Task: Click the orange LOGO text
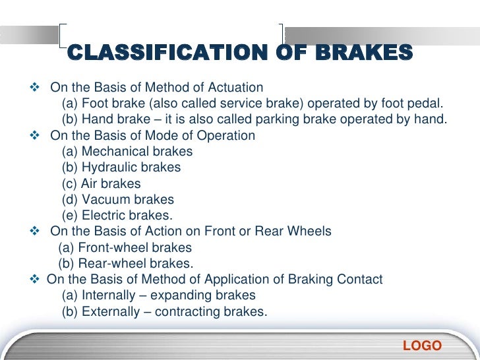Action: [x=422, y=346]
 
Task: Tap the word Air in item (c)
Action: [x=89, y=184]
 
